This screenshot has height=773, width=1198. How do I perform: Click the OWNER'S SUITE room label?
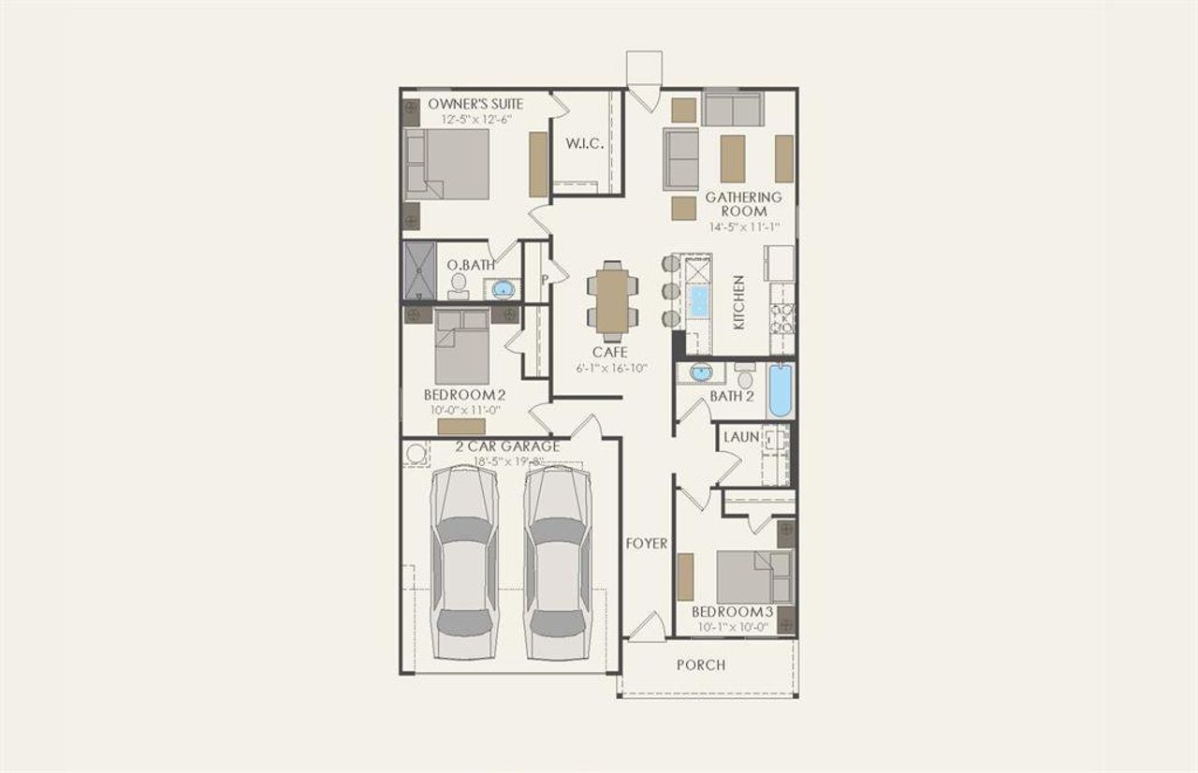pos(475,104)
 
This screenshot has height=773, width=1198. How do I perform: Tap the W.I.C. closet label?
pos(584,144)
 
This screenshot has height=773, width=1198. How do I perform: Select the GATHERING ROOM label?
pos(743,204)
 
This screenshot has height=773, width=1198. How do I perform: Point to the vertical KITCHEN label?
pos(739,302)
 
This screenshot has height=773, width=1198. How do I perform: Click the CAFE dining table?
pos(612,300)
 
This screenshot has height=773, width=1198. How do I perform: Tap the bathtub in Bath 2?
pos(780,390)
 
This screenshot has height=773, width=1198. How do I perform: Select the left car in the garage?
pos(464,563)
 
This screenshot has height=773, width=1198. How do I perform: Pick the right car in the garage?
pos(558,563)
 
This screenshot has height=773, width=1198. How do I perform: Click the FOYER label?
pos(647,544)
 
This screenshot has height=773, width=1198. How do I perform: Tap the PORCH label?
pos(700,665)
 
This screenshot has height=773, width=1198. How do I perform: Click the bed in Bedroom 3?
pos(753,576)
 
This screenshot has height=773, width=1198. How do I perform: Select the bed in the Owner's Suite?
pos(446,164)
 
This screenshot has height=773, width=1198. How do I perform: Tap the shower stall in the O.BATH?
pos(420,270)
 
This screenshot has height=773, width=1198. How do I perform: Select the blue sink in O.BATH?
pos(504,288)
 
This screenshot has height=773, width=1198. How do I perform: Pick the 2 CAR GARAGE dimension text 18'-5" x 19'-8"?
pos(505,460)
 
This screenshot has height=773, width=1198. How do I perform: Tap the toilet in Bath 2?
pos(745,379)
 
